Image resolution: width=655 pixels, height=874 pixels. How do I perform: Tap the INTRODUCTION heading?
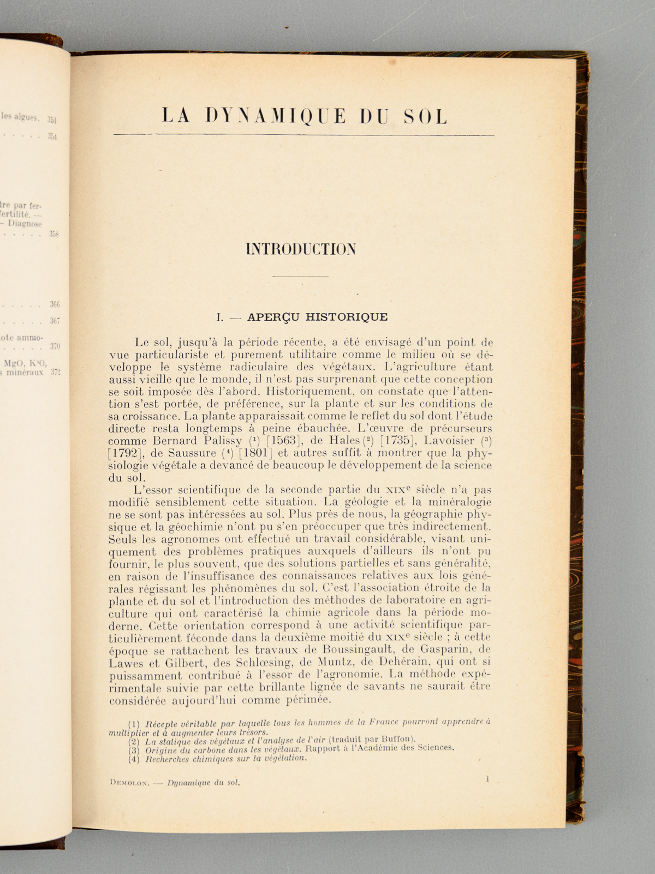[301, 249]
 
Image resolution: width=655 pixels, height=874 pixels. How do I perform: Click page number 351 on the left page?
[53, 120]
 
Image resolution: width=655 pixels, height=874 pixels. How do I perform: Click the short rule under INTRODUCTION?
[300, 277]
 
